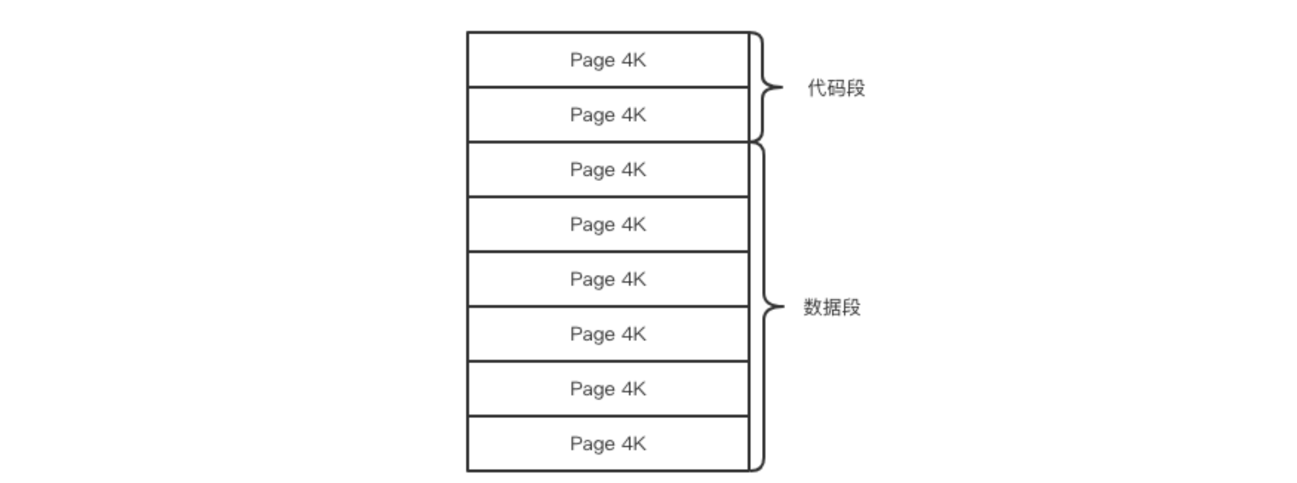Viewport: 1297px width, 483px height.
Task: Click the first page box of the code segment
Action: click(607, 60)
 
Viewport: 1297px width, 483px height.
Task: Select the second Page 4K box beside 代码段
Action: click(607, 114)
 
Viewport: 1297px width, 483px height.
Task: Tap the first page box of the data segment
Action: click(607, 170)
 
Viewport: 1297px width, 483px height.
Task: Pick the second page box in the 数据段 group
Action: click(607, 224)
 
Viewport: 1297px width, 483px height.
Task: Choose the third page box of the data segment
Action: click(607, 279)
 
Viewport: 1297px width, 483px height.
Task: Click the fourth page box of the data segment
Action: click(607, 334)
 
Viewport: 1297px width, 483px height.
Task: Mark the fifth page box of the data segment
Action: click(607, 389)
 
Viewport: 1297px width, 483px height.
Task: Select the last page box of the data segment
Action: click(607, 444)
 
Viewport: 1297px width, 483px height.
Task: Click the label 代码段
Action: click(836, 88)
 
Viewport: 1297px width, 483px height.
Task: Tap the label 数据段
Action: click(832, 307)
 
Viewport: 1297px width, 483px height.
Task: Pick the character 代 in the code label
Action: click(817, 88)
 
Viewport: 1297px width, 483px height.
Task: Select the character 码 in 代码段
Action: click(836, 88)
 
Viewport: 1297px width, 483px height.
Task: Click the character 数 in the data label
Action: click(813, 307)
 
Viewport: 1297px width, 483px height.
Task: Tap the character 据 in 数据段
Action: click(832, 307)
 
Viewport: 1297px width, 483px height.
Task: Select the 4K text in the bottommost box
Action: click(634, 444)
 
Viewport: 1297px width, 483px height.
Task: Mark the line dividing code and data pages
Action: click(607, 141)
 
